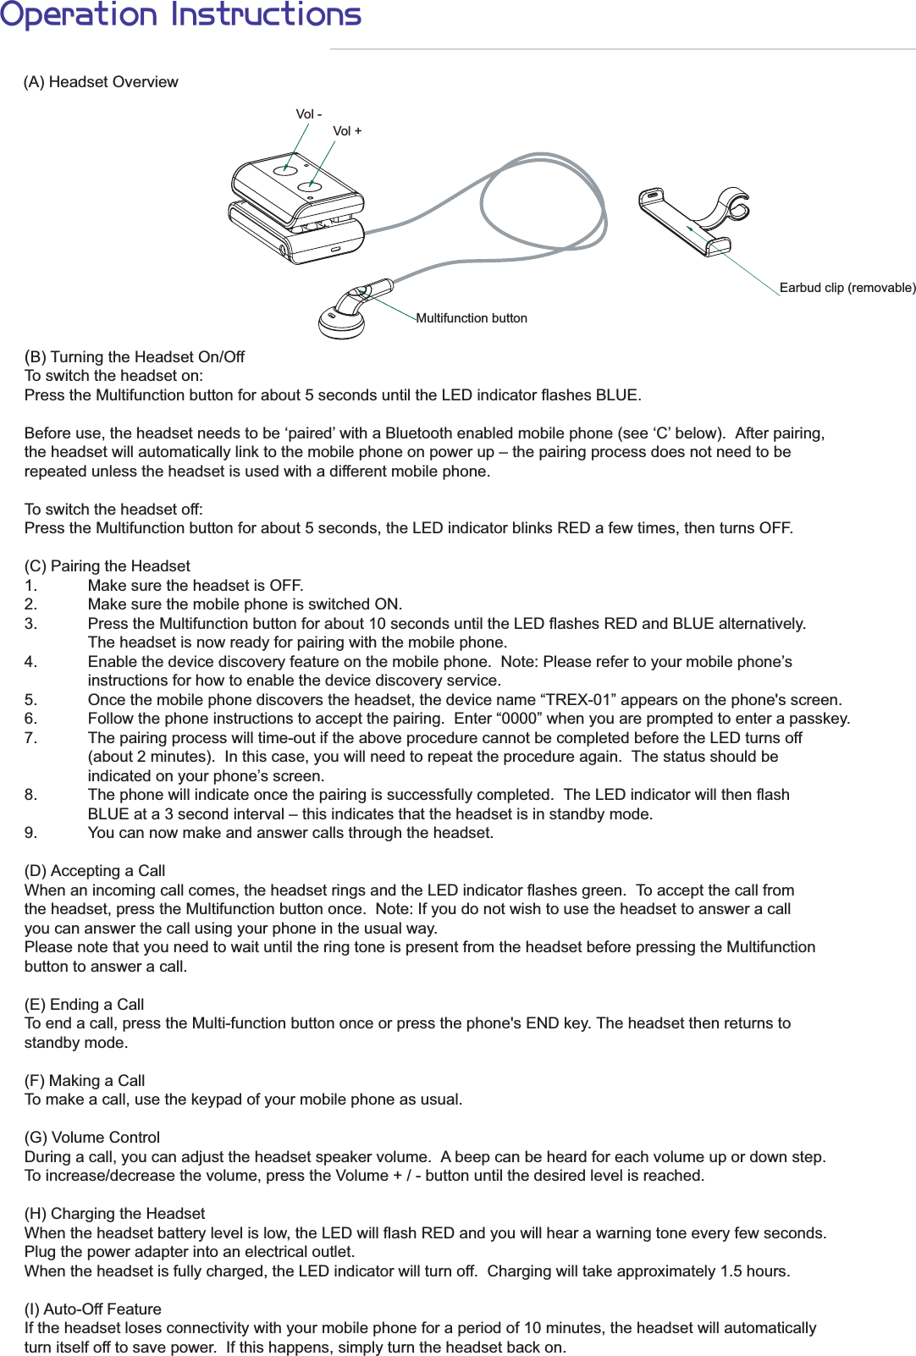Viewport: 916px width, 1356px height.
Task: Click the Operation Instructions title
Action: pyautogui.click(x=180, y=14)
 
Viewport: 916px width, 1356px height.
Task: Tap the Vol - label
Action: pyautogui.click(x=308, y=114)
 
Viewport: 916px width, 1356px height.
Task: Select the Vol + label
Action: pyautogui.click(x=347, y=131)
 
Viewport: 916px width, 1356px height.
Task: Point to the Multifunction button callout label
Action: pyautogui.click(x=472, y=318)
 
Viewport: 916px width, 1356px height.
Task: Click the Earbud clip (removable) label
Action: pyautogui.click(x=847, y=288)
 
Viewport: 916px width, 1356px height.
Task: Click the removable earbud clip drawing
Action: pyautogui.click(x=693, y=218)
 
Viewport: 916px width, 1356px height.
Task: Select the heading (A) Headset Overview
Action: pyautogui.click(x=101, y=82)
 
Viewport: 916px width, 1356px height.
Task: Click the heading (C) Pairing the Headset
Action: pyautogui.click(x=108, y=566)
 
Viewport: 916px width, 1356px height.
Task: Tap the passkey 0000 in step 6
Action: pyautogui.click(x=517, y=719)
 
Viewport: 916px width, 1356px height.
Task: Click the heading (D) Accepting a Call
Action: pyautogui.click(x=95, y=871)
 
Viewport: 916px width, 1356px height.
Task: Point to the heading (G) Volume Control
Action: pyautogui.click(x=92, y=1138)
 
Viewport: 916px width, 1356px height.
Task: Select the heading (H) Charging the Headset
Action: pyautogui.click(x=114, y=1214)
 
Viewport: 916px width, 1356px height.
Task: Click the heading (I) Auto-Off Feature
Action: pyautogui.click(x=93, y=1309)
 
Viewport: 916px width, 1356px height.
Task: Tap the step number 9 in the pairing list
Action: pyautogui.click(x=30, y=833)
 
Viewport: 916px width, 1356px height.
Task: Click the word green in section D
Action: pyautogui.click(x=605, y=890)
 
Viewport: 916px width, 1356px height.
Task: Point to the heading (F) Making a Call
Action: pyautogui.click(x=85, y=1081)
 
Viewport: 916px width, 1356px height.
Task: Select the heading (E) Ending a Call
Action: pyautogui.click(x=85, y=1005)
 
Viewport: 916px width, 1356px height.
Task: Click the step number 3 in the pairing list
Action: pyautogui.click(x=30, y=624)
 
